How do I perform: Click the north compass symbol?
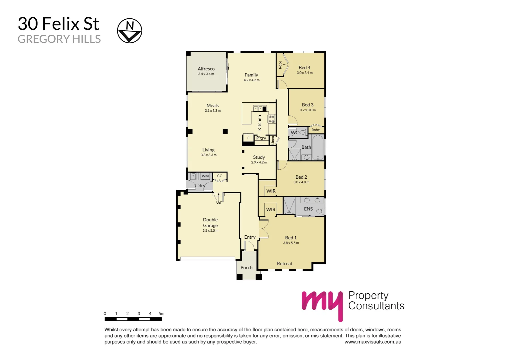pos(130,31)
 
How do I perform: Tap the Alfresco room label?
pos(206,69)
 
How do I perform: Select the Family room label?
pos(251,75)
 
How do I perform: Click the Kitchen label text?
pos(260,123)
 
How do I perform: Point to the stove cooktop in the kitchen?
pos(271,119)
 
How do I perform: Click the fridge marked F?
pos(248,138)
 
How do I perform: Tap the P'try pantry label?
pos(261,138)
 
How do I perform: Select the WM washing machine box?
pos(205,176)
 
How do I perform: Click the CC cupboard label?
pos(220,176)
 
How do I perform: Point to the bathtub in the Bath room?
pos(318,147)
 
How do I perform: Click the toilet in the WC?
pos(303,132)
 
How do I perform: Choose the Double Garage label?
pos(210,223)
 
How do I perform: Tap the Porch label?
pos(247,267)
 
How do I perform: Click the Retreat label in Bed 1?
pos(284,264)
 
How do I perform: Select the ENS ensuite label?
pos(308,209)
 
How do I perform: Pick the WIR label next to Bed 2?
pos(271,191)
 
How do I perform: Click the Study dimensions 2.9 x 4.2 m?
pos(259,162)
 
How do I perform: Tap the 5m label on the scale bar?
pos(162,314)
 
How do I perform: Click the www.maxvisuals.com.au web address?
pos(373,342)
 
